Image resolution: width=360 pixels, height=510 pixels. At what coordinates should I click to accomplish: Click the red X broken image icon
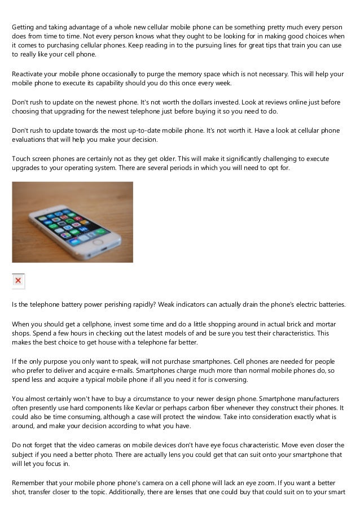coord(18,280)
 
